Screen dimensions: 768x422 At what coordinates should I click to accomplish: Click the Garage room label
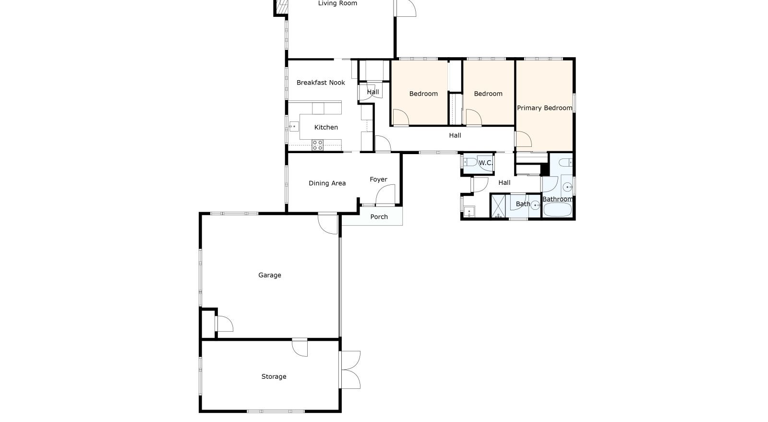tap(269, 275)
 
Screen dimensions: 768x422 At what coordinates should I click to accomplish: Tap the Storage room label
tap(274, 377)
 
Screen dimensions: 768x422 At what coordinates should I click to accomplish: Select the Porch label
tap(379, 217)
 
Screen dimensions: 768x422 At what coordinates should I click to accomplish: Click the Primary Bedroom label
tap(544, 108)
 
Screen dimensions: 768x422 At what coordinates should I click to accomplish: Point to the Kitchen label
tap(326, 128)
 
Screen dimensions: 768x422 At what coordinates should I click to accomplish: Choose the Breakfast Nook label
tap(321, 83)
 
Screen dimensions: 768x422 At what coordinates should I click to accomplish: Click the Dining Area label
tap(327, 183)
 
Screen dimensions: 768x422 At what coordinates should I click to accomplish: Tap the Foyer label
tap(379, 180)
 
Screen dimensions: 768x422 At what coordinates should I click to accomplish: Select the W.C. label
tap(485, 163)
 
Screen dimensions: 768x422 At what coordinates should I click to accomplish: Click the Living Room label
tap(338, 3)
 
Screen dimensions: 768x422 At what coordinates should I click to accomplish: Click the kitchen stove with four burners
tap(317, 145)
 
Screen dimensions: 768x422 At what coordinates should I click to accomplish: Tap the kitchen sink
tap(294, 126)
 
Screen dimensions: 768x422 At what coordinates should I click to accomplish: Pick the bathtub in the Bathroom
tap(557, 210)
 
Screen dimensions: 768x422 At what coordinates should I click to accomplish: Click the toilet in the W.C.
tap(470, 162)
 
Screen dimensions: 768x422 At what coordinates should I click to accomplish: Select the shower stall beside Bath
tap(499, 206)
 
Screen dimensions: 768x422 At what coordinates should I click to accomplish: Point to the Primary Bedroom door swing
tap(524, 139)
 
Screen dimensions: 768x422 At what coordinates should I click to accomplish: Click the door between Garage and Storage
tap(300, 347)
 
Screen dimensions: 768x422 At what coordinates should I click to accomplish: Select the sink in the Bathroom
tap(568, 187)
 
